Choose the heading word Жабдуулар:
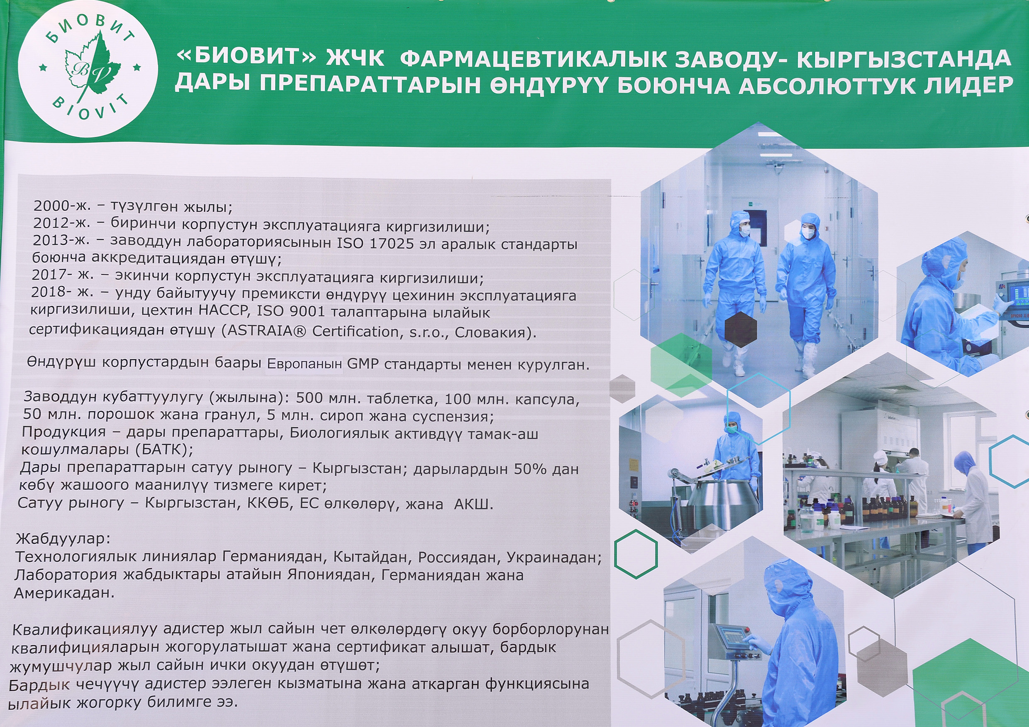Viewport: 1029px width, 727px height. (x=63, y=538)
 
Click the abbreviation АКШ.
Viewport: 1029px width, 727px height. (x=473, y=504)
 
